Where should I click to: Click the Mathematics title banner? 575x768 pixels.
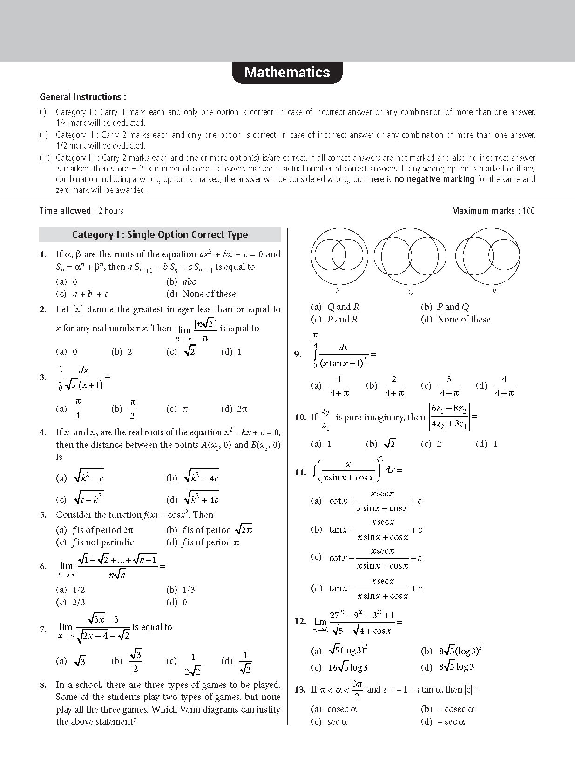(x=287, y=73)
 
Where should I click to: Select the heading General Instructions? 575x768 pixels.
(x=82, y=97)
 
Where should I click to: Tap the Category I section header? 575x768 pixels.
(x=160, y=235)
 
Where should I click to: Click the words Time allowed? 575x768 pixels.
(x=65, y=211)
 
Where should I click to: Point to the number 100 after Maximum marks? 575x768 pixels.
(x=528, y=211)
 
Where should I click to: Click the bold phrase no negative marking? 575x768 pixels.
(x=434, y=179)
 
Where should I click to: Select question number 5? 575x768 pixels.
(x=43, y=515)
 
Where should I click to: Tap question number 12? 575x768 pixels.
(x=300, y=621)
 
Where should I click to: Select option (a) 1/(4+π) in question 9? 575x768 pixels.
(x=331, y=386)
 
